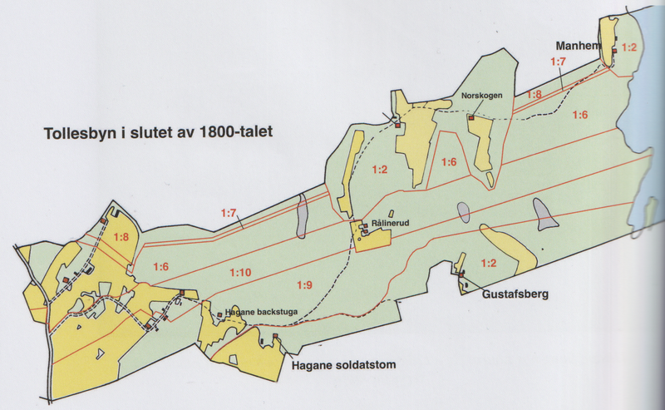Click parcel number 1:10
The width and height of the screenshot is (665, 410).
240,272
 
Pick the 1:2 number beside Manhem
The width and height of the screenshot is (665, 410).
628,47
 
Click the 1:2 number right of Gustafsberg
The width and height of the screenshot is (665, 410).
488,264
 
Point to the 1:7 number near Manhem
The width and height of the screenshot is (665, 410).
558,62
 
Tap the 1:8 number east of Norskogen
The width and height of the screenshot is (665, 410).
533,95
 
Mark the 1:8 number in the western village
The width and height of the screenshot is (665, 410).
121,237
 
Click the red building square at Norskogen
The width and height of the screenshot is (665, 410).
470,118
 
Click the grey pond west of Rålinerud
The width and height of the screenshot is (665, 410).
302,218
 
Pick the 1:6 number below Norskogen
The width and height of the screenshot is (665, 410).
449,161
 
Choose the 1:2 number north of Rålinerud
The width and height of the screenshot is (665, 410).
380,170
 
